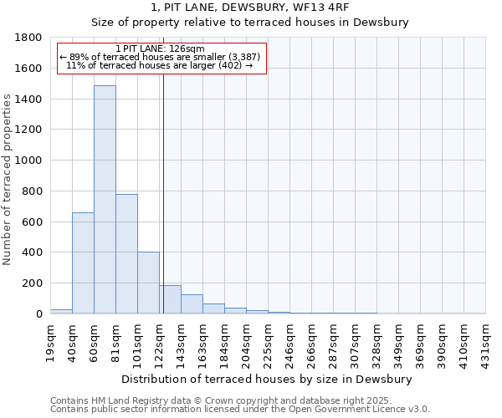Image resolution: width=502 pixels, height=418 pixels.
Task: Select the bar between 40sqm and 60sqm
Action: coord(83,263)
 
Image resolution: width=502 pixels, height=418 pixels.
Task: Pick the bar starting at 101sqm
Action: coord(148,283)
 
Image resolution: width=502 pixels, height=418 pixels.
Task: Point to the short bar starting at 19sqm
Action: coord(61,311)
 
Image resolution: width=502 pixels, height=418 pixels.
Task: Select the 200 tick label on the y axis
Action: coord(33,283)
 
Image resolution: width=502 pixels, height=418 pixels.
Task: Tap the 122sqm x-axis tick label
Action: coord(159,342)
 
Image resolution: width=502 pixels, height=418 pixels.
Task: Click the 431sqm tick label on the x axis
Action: coord(485,342)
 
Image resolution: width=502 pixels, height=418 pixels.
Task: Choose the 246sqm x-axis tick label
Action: coord(289,342)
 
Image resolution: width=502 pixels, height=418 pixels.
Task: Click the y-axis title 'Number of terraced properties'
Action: coord(8,180)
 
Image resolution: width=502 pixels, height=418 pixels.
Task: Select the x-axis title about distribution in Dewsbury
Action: coord(267,380)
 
